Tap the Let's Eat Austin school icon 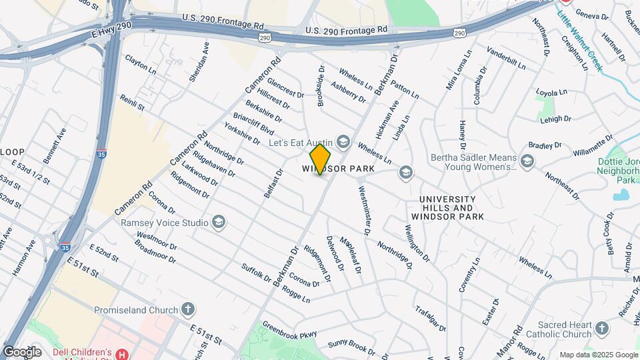343,141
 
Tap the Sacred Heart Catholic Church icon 602,328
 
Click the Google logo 22,351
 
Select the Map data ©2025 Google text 598,355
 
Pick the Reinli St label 132,103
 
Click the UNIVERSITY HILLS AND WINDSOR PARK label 447,208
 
